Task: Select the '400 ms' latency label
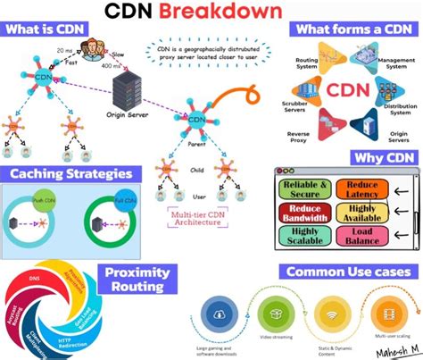click(112, 66)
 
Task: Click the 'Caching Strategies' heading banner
click(70, 174)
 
